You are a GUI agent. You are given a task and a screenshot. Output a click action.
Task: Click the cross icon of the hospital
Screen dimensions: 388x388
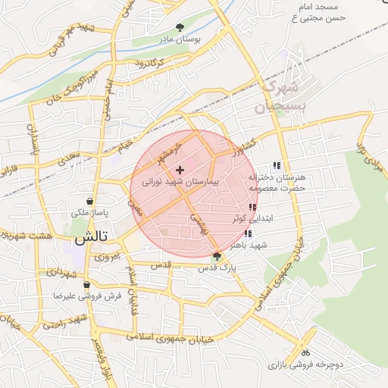(x=180, y=170)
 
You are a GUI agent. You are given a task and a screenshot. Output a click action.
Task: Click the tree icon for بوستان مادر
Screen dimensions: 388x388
(x=180, y=27)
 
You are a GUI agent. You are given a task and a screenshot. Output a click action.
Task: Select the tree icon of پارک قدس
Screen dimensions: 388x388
(x=217, y=256)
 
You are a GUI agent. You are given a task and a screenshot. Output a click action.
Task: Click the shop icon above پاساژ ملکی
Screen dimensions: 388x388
(x=91, y=202)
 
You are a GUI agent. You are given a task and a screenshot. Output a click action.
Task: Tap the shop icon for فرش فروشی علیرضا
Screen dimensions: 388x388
(x=87, y=286)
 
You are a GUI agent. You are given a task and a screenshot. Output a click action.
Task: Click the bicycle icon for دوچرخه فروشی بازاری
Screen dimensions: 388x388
(x=305, y=352)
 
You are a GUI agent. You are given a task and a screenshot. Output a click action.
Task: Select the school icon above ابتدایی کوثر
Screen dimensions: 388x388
(x=252, y=207)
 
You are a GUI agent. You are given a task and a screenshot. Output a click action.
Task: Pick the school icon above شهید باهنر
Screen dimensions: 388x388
(x=248, y=234)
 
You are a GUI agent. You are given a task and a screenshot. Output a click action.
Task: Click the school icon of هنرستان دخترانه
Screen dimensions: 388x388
(x=277, y=166)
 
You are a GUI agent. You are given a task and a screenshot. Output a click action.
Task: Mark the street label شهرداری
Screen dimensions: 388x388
(x=61, y=271)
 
